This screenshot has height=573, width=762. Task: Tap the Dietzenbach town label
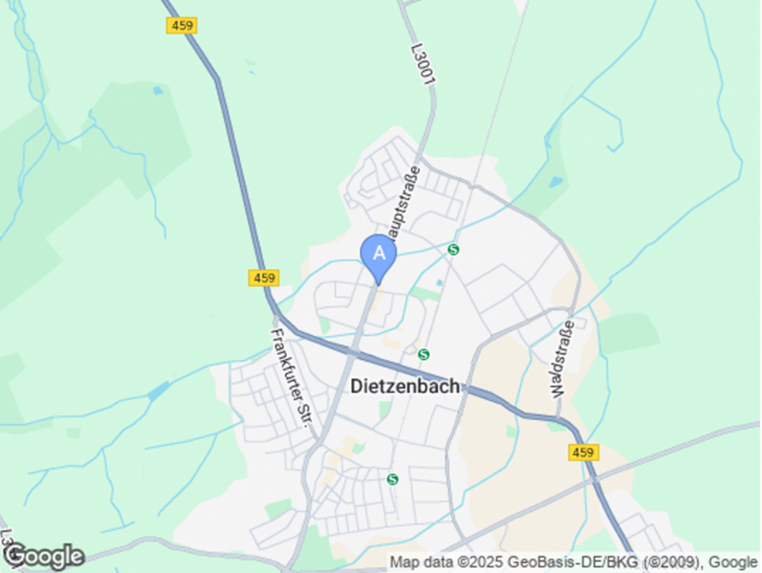point(405,386)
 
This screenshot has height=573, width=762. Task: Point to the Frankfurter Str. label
point(292,377)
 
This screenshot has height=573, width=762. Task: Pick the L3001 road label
point(422,64)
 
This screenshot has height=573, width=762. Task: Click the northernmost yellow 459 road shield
point(181,26)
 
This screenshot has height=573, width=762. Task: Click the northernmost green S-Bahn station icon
point(453,249)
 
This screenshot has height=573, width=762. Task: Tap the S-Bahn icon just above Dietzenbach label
point(424,354)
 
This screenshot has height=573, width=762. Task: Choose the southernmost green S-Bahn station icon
point(393,478)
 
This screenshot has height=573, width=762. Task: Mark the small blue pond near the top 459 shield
point(157,90)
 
